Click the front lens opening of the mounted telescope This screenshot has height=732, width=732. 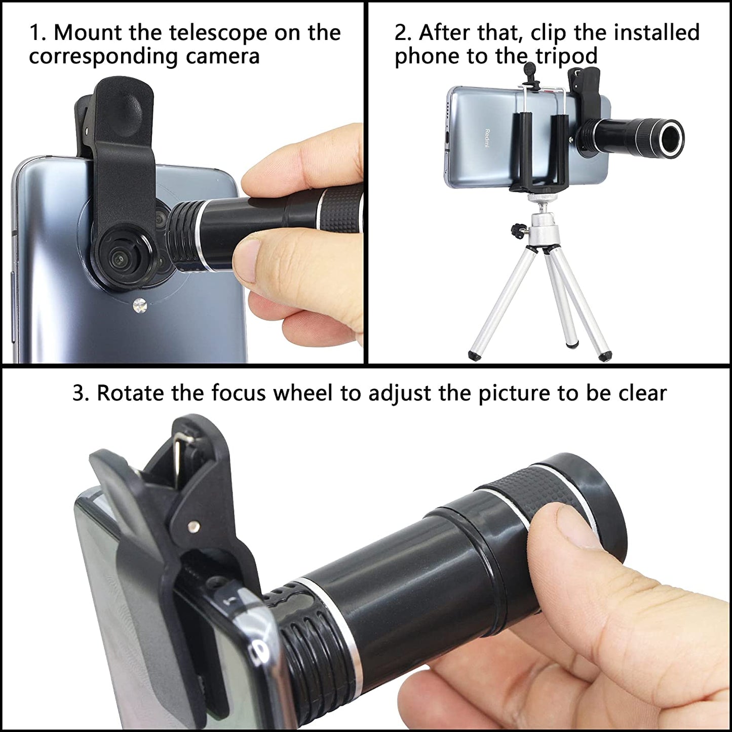pos(669,135)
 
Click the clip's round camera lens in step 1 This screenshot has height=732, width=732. pos(119,258)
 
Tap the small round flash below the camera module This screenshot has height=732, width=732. pos(140,305)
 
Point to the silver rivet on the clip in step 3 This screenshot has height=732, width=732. pos(192,528)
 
